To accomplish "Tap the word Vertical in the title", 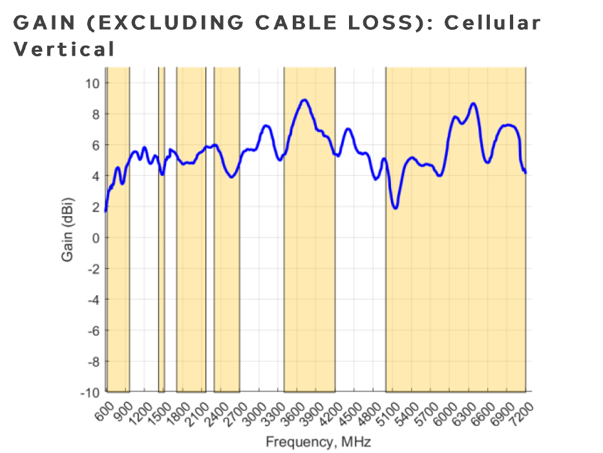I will (64, 49).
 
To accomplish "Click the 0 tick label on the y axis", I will (95, 238).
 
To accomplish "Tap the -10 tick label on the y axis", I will (90, 392).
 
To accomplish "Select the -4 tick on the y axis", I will (92, 300).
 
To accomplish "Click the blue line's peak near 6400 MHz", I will (474, 104).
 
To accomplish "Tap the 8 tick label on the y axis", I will (95, 114).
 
